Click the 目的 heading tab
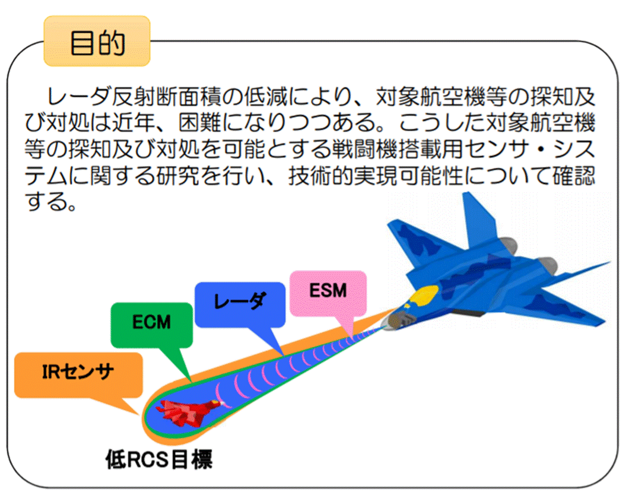click(x=97, y=41)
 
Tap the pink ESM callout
click(x=328, y=293)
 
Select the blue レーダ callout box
click(x=240, y=304)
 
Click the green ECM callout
click(x=152, y=324)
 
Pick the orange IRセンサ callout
click(x=78, y=374)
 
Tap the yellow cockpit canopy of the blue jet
click(x=423, y=296)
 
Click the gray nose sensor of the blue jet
click(x=397, y=320)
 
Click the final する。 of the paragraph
click(x=51, y=202)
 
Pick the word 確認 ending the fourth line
click(x=574, y=176)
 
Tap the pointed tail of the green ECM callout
click(x=190, y=380)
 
